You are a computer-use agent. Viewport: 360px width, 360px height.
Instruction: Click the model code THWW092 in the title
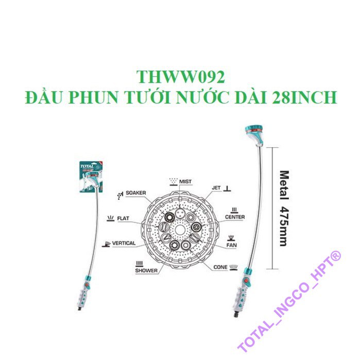pos(180,77)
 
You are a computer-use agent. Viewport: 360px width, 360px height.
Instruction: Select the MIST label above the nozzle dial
pos(186,182)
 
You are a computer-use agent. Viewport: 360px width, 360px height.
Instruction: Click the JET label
pos(216,188)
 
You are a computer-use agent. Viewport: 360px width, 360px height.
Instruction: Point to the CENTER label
pos(235,217)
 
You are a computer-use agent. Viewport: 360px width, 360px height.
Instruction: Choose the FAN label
pos(232,246)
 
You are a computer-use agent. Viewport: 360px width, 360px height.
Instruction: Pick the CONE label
pos(220,267)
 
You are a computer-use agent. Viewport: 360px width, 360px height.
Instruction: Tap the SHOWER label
pos(146,270)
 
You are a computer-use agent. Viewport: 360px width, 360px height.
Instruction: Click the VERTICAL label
pos(124,243)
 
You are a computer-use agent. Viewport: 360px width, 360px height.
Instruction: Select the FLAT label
pos(123,218)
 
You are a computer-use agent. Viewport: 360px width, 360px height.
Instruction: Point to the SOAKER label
pos(136,193)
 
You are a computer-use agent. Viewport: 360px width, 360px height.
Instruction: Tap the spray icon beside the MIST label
pos(173,181)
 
